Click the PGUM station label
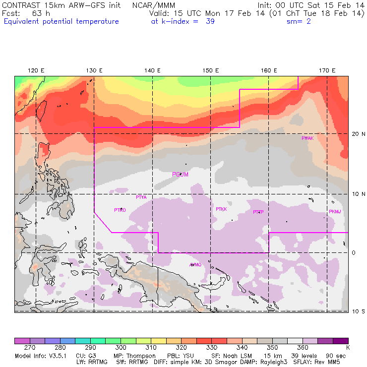point(180,174)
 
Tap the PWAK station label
point(307,138)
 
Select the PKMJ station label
point(335,212)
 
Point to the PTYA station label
point(141,197)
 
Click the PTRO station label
point(120,210)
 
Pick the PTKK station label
point(221,209)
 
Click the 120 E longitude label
point(36,71)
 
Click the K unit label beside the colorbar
point(348,348)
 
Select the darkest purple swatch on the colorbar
point(340,341)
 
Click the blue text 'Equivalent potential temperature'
point(61,21)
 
